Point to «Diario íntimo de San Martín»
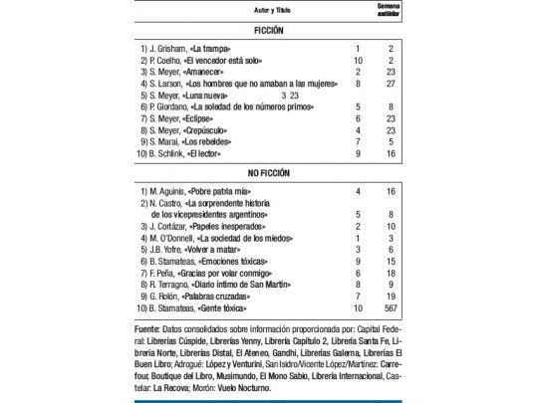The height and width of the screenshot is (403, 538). (x=254, y=282)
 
